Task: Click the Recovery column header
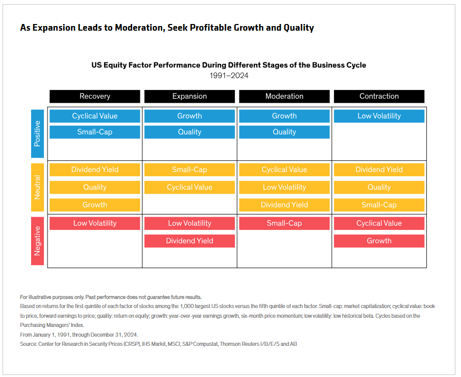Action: coord(94,96)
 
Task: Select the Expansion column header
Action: coord(189,96)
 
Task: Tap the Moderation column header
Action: coord(284,96)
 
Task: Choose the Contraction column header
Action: coord(379,96)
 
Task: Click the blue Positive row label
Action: coord(37,134)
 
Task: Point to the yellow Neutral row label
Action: coord(37,187)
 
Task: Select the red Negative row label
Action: coord(37,241)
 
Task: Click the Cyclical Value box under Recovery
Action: coord(94,116)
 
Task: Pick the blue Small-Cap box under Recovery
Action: coord(94,132)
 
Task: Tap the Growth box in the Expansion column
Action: coord(189,116)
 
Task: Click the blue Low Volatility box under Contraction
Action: coord(379,116)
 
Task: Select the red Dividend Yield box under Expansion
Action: coord(189,241)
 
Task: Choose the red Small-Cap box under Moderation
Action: coord(284,223)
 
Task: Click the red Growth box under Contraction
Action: coord(379,241)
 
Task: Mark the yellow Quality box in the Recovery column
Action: coord(94,187)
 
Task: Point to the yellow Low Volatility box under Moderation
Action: coord(284,187)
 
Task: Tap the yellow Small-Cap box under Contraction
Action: coord(379,205)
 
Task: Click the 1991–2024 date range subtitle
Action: coord(229,76)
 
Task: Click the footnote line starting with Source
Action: coord(158,344)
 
